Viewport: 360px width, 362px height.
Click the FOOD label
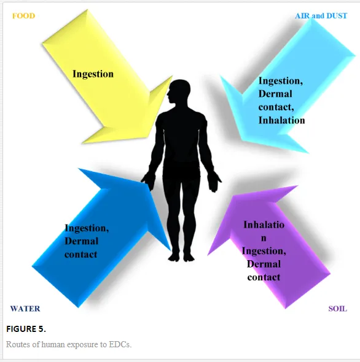[x=23, y=16]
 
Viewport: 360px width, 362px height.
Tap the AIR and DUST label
[x=321, y=16]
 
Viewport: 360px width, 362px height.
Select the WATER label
[x=25, y=309]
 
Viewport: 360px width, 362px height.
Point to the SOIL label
[x=337, y=309]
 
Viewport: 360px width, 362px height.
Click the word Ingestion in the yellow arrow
[x=93, y=74]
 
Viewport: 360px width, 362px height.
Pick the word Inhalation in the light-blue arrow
[x=281, y=120]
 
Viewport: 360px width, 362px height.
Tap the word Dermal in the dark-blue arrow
[x=82, y=241]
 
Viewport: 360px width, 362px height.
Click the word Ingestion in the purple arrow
[x=264, y=251]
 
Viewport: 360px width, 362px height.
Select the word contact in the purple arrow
[x=264, y=277]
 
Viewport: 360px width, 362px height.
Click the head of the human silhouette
[x=179, y=91]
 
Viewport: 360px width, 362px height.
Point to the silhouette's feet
[x=181, y=257]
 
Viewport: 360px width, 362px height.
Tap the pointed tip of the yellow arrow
[x=172, y=77]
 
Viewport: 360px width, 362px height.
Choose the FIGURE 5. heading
[x=26, y=329]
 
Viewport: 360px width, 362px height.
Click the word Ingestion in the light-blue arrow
[x=281, y=81]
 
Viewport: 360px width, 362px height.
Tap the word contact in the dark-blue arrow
[x=81, y=254]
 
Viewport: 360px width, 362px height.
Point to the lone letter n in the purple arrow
[x=264, y=238]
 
